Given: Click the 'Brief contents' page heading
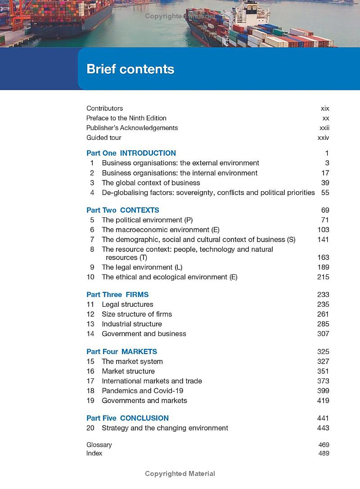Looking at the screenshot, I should coord(130,69).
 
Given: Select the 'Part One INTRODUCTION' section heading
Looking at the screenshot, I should coord(131,153).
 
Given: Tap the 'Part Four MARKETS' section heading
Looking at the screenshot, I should coord(121,351).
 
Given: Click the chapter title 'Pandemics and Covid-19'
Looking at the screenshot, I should coord(142,390).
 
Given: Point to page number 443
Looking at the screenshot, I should coord(323,428).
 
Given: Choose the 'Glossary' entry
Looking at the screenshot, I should coord(99,444).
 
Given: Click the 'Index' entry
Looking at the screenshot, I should coord(94,453).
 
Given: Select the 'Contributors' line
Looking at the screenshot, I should coord(104,108).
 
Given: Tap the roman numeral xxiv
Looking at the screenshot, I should coord(323,138).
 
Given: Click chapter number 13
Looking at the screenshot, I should coord(90,324).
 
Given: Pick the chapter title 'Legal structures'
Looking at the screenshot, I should coord(127,304).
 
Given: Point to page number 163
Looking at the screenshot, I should coord(323,257).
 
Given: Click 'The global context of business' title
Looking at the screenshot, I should coord(151,183).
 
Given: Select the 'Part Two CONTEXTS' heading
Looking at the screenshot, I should coord(122,210).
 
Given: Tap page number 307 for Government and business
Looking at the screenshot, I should coord(323,334).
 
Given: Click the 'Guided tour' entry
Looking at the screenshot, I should coord(103,138).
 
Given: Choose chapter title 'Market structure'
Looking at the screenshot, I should coord(128,371).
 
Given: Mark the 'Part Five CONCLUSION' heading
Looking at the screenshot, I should coord(127,418).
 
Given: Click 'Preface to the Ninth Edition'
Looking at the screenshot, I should coord(126,118).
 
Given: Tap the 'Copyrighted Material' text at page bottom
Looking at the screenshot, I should coord(180,473).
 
